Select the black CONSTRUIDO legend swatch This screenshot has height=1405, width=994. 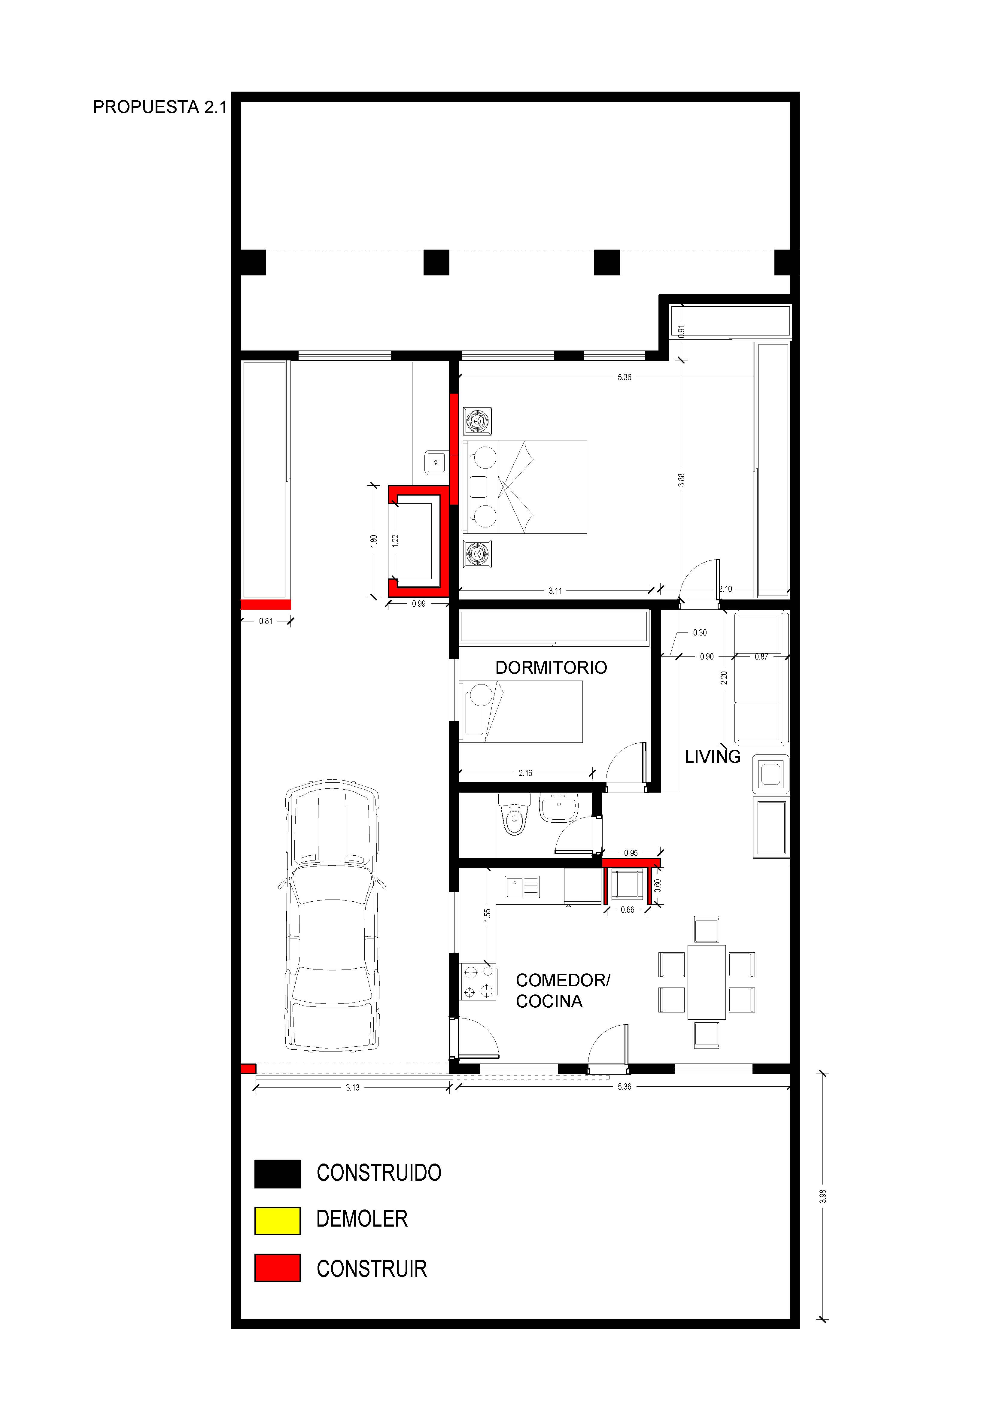click(277, 1174)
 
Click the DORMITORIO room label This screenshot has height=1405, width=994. click(551, 668)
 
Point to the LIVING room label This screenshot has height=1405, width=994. click(713, 757)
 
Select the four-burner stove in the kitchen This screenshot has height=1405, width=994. click(478, 982)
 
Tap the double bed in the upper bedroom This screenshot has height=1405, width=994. click(525, 487)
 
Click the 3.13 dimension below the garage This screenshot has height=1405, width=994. click(353, 1088)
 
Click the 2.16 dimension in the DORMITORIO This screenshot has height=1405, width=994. click(525, 773)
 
